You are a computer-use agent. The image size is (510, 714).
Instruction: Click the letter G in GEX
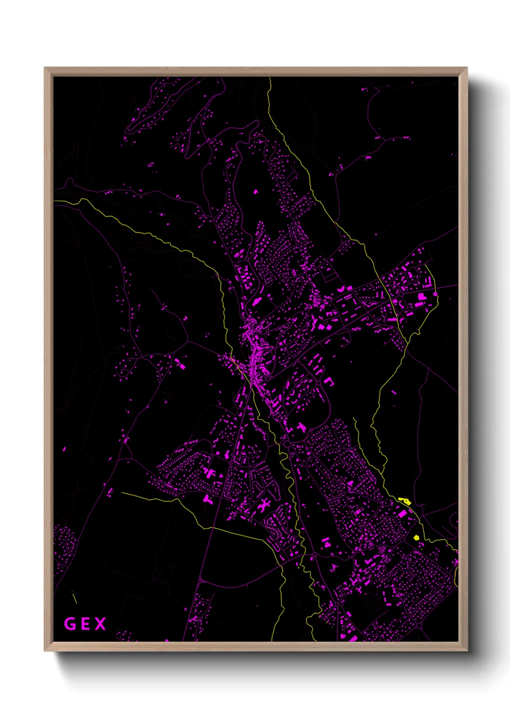pos(70,624)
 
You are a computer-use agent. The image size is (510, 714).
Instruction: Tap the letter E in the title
pos(85,624)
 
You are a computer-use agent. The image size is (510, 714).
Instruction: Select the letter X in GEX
pos(100,624)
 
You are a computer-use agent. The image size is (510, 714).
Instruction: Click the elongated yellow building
pos(404,500)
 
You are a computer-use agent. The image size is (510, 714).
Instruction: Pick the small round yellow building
pos(416,537)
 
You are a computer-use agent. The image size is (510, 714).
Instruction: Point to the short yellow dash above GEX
pos(75,598)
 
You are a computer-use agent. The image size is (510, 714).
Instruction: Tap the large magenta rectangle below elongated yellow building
pos(402,514)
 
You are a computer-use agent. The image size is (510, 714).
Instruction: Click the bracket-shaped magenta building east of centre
pos(329,381)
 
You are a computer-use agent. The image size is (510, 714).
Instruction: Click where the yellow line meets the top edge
pos(269,78)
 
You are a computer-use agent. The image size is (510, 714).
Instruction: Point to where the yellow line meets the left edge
pos(54,201)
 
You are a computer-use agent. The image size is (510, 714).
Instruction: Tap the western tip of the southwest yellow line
pos(121,493)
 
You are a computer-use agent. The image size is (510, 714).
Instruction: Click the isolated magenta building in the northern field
pos(255,192)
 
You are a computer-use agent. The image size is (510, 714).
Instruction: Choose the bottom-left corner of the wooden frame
pos(45,650)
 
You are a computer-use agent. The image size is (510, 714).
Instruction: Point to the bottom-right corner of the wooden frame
pos(467,650)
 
